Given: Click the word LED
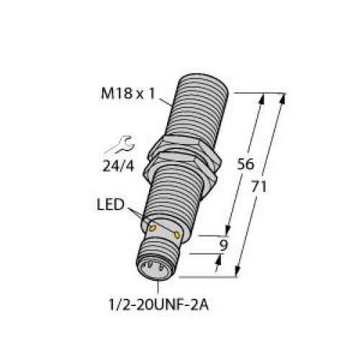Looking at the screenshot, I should (109, 206).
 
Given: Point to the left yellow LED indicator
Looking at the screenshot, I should (152, 228).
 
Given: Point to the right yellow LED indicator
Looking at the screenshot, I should (176, 234).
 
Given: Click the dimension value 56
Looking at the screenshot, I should (245, 164).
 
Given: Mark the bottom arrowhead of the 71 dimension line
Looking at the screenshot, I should (238, 272).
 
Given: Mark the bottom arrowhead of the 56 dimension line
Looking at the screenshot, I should (229, 232).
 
